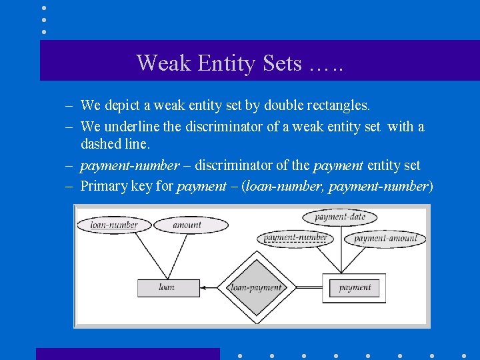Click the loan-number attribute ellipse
tap(114, 225)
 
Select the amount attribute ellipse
tap(187, 225)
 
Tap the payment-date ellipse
tap(339, 217)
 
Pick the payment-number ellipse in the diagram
tap(296, 238)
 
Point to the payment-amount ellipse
tap(385, 238)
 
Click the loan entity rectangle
tap(168, 287)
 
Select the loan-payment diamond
tap(256, 288)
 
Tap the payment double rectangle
tap(354, 288)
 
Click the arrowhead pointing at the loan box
tap(203, 288)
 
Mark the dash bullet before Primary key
tap(69, 185)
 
